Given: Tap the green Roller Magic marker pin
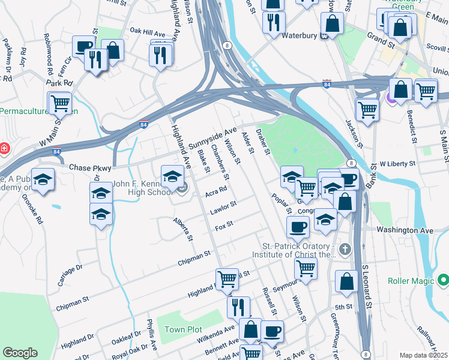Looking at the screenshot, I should click(444, 280).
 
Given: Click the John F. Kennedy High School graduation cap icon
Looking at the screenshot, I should click(172, 177).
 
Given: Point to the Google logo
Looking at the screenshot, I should click(20, 353).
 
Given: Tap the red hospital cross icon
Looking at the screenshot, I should click(4, 148).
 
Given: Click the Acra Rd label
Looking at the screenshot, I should click(215, 192).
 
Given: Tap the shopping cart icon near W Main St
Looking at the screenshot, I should click(60, 103).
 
